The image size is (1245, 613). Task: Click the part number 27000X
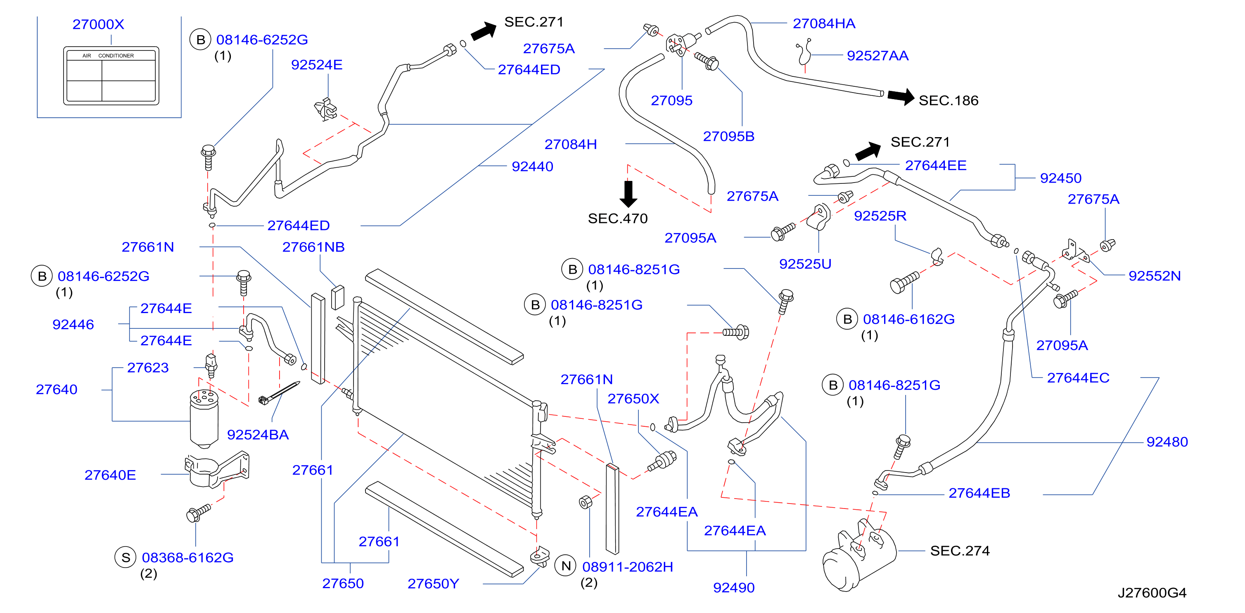(x=98, y=24)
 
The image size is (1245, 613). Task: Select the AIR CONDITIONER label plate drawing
(x=111, y=76)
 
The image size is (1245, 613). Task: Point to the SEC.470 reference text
(x=618, y=219)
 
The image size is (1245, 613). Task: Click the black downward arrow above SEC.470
(x=628, y=194)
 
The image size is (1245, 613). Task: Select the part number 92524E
(x=317, y=65)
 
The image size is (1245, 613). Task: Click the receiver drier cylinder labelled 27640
(x=204, y=419)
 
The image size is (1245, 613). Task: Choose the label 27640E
(x=110, y=475)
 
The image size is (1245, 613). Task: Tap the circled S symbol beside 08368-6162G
(x=126, y=557)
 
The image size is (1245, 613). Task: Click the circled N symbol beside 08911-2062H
(x=566, y=566)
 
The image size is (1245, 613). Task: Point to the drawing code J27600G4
(x=1152, y=593)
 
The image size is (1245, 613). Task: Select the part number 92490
(x=734, y=588)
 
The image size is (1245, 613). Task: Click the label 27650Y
(x=433, y=584)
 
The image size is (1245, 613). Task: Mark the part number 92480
(x=1167, y=442)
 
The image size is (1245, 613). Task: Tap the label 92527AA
(x=877, y=56)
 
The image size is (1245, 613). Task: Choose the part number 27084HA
(x=824, y=23)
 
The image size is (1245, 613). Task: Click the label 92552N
(x=1155, y=276)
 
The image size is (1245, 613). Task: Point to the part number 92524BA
(x=258, y=435)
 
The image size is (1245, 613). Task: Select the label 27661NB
(x=313, y=247)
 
